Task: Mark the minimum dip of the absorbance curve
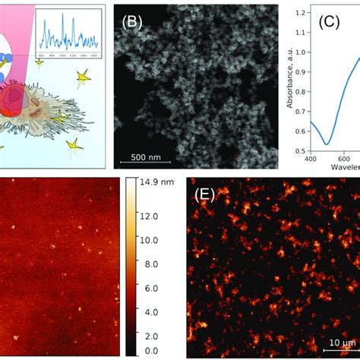pos(326,143)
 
